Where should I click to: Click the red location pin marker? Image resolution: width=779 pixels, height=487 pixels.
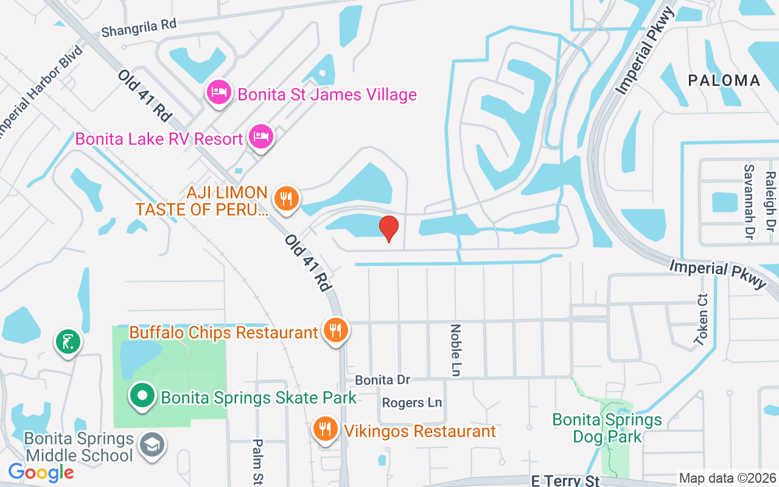tap(389, 228)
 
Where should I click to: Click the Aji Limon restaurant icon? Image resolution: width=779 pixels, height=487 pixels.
tap(285, 198)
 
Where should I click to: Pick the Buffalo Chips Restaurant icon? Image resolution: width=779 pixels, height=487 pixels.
tap(335, 331)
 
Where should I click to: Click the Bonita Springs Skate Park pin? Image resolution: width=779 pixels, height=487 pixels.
tap(142, 396)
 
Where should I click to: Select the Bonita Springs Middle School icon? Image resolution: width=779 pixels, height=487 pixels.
tap(150, 444)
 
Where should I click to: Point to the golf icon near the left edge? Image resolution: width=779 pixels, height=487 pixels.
tap(69, 342)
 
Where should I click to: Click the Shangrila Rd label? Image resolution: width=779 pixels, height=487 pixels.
tap(139, 28)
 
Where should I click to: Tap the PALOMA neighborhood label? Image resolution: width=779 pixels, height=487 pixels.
tap(724, 80)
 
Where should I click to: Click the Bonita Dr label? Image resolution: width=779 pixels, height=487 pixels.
tap(383, 380)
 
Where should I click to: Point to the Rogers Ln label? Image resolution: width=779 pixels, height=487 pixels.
tap(412, 402)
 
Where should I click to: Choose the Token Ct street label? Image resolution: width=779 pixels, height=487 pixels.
tap(703, 320)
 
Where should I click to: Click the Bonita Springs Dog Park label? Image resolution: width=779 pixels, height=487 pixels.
tap(607, 428)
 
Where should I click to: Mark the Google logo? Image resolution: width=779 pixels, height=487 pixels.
tap(41, 472)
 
